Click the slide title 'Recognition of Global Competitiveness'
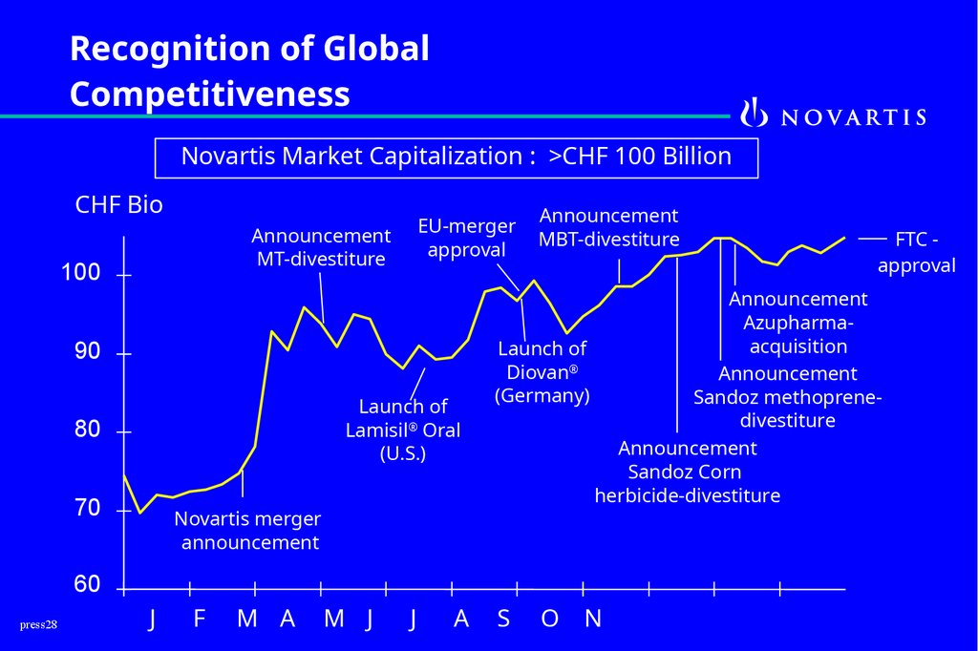pyautogui.click(x=249, y=72)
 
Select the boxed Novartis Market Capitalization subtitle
pyautogui.click(x=456, y=157)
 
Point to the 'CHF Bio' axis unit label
pyautogui.click(x=118, y=205)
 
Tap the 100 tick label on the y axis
pyautogui.click(x=80, y=274)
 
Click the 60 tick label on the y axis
pyautogui.click(x=86, y=584)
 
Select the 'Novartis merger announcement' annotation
pyautogui.click(x=248, y=532)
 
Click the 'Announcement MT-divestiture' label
pyautogui.click(x=321, y=247)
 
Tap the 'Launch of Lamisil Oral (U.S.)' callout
pyautogui.click(x=403, y=430)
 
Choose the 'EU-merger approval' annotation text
pyautogui.click(x=467, y=238)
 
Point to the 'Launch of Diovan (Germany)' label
pyautogui.click(x=542, y=371)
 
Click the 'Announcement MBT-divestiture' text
pyautogui.click(x=608, y=227)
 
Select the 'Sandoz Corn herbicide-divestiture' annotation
pyautogui.click(x=687, y=472)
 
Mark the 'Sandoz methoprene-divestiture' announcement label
pyautogui.click(x=787, y=397)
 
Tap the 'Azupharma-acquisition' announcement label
pyautogui.click(x=797, y=323)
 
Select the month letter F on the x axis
pyautogui.click(x=200, y=619)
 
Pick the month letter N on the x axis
pyautogui.click(x=593, y=619)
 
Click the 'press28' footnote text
pyautogui.click(x=38, y=624)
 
